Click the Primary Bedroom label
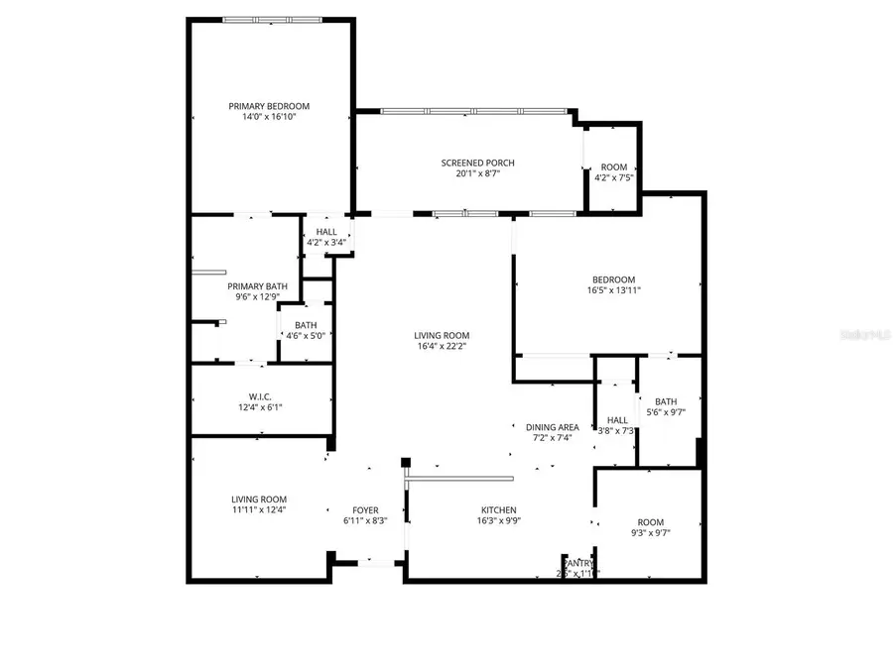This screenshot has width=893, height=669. click(269, 106)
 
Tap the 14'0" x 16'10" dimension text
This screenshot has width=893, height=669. click(269, 117)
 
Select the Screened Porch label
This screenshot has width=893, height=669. click(477, 163)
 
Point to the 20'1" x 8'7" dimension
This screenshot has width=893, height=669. click(477, 173)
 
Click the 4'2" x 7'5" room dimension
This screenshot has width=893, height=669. click(613, 178)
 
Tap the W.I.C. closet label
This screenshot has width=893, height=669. click(261, 396)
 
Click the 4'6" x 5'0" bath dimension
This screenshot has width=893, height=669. click(306, 336)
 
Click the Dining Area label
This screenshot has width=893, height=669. click(553, 427)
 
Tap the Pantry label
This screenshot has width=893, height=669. click(577, 563)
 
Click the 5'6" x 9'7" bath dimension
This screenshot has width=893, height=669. click(665, 412)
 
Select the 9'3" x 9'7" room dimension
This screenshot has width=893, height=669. click(650, 533)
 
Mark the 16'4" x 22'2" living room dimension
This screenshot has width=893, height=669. click(442, 346)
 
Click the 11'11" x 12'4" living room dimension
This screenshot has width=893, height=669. click(259, 510)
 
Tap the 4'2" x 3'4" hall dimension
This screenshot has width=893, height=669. click(326, 242)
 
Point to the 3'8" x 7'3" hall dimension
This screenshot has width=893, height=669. click(616, 430)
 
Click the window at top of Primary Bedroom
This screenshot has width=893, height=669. click(271, 19)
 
